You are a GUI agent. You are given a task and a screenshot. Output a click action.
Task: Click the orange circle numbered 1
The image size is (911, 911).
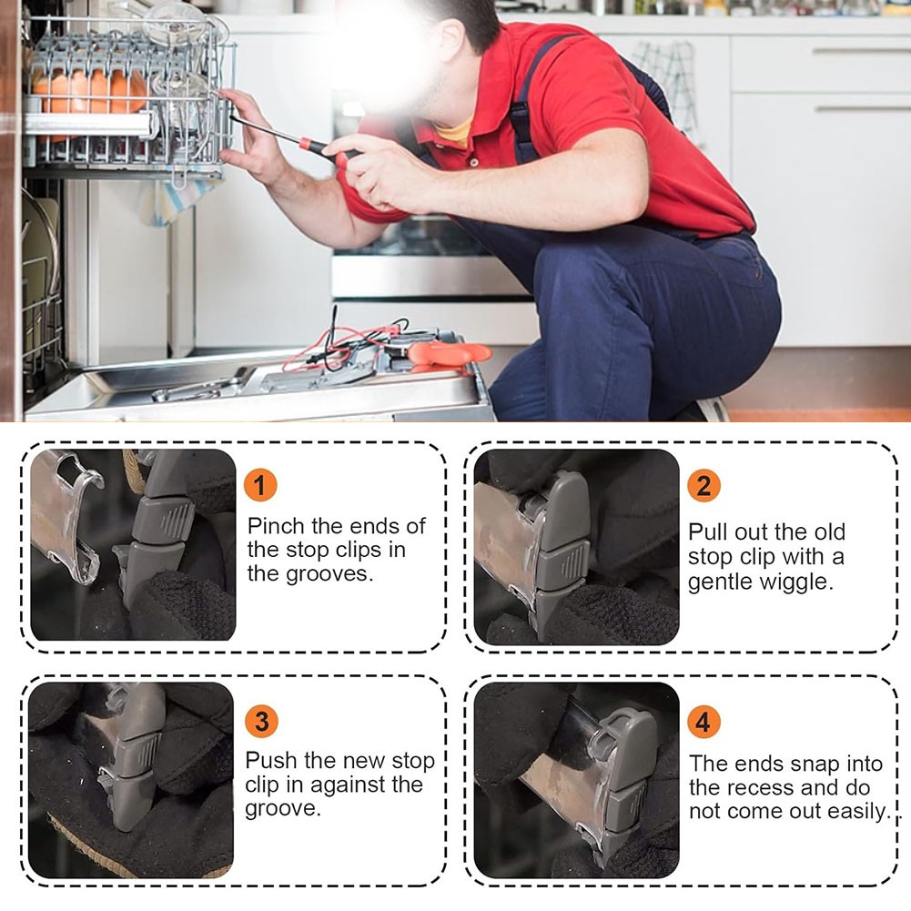pos(259,485)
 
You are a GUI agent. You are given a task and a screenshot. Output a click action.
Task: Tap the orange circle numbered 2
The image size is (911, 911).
pos(703,485)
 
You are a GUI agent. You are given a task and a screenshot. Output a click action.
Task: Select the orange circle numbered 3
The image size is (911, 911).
pos(261,722)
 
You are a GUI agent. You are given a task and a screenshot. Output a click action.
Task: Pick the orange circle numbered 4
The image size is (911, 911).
pos(703,723)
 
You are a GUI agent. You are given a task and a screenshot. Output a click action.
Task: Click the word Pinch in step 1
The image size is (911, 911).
pos(276,526)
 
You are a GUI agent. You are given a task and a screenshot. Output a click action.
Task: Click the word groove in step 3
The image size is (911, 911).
pos(282,809)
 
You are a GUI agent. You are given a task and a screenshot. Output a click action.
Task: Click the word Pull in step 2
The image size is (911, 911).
pos(708,531)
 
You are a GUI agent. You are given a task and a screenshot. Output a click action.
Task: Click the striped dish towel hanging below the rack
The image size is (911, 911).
pos(175,197)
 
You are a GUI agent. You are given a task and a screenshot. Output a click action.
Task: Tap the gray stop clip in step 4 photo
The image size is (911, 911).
pos(623,778)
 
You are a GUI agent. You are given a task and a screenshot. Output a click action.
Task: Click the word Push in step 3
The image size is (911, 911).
pos(271,761)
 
